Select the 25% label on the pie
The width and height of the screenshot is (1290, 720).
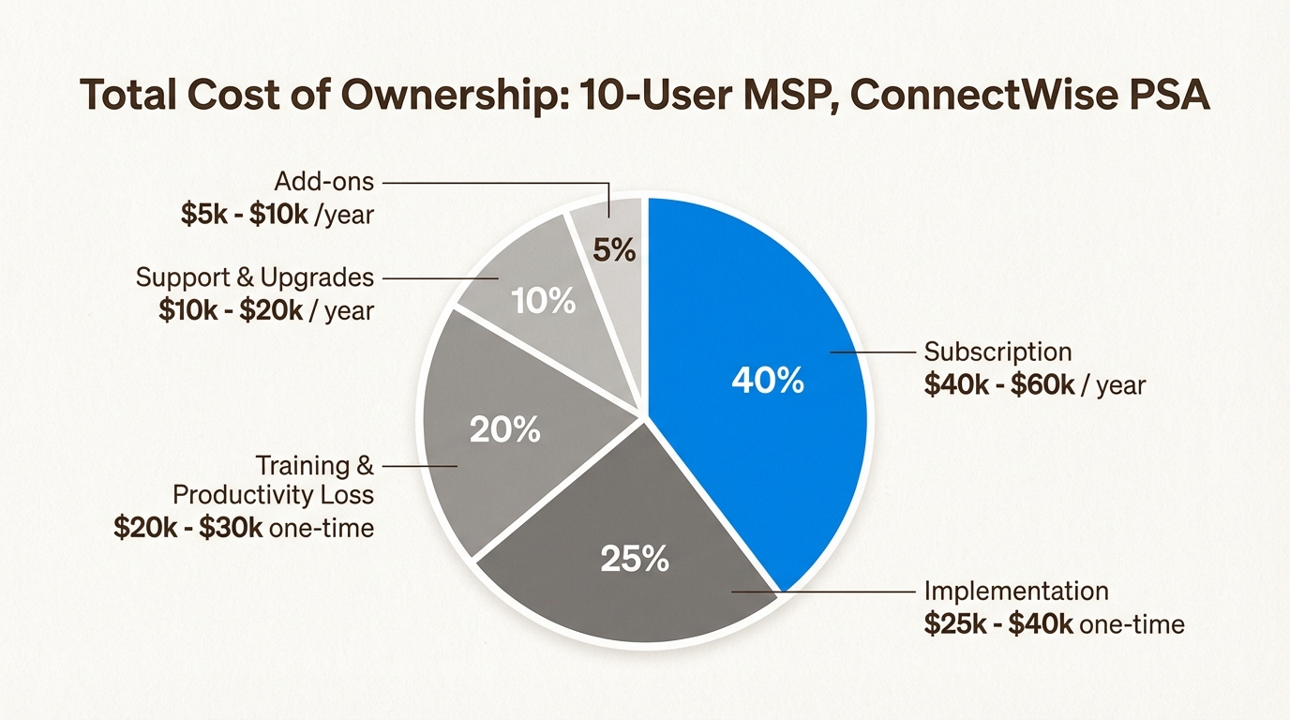click(634, 560)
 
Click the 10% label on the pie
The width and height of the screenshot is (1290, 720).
click(543, 301)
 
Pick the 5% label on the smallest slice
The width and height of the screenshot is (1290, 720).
click(615, 250)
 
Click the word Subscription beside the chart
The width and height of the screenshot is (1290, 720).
click(997, 352)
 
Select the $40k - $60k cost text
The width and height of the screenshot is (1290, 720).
click(999, 384)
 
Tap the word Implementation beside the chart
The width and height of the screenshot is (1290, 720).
click(1016, 592)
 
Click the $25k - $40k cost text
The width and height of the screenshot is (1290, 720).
click(998, 623)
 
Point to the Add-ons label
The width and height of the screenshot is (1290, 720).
click(324, 182)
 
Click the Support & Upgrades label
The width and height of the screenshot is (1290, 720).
click(255, 278)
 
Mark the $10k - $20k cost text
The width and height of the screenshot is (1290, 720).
click(231, 310)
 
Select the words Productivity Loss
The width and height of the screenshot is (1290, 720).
click(273, 495)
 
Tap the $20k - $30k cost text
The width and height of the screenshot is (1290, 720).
click(187, 528)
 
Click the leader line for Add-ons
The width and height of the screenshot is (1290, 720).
click(497, 182)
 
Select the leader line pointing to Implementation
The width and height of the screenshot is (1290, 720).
click(825, 592)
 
